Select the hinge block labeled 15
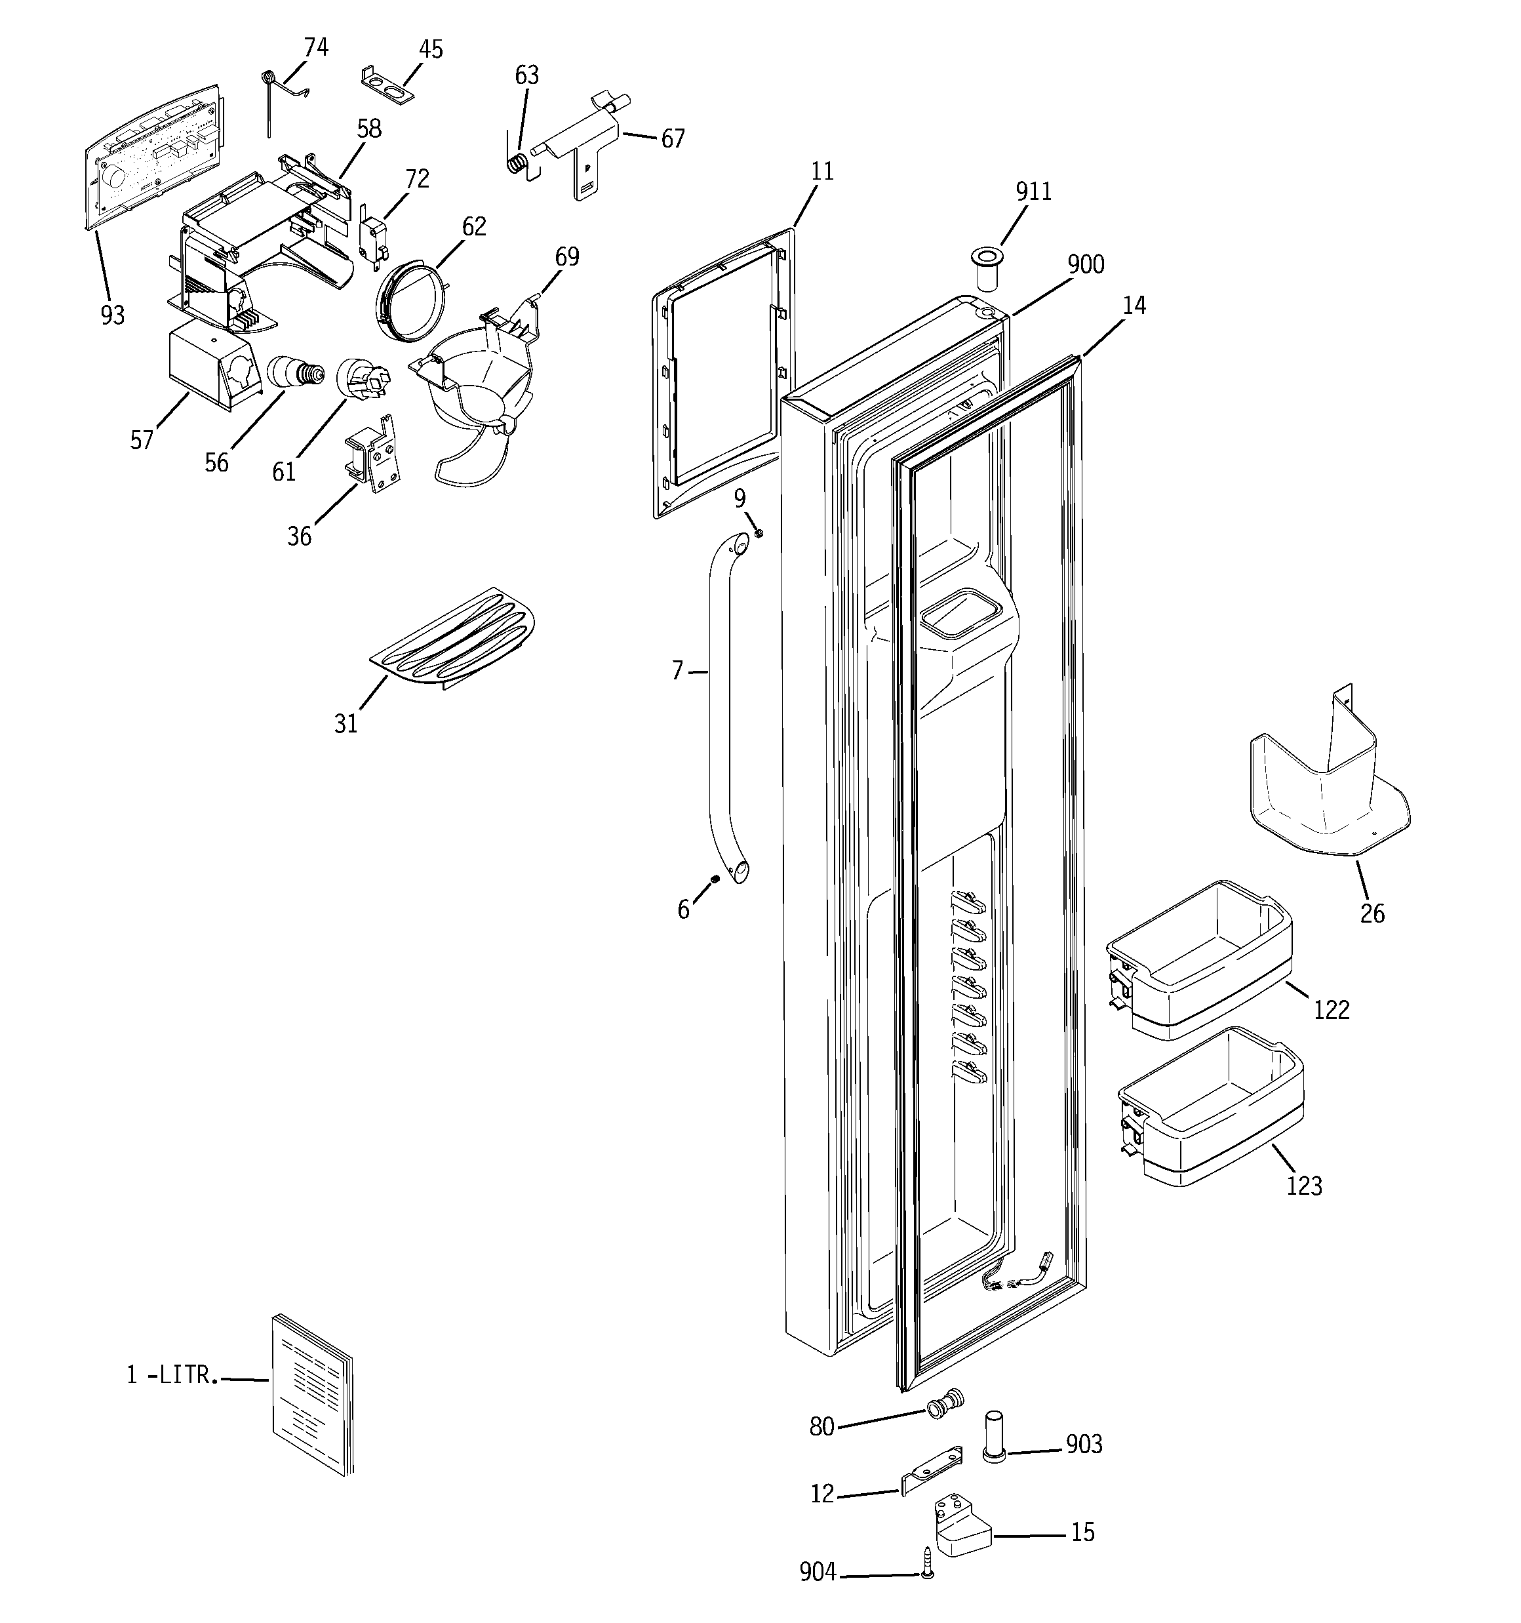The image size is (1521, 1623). click(x=962, y=1529)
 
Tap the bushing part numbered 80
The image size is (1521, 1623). click(x=945, y=1406)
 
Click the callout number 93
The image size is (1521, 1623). click(x=113, y=315)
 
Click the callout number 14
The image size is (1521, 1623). click(x=1133, y=306)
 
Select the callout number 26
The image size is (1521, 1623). click(x=1372, y=913)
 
